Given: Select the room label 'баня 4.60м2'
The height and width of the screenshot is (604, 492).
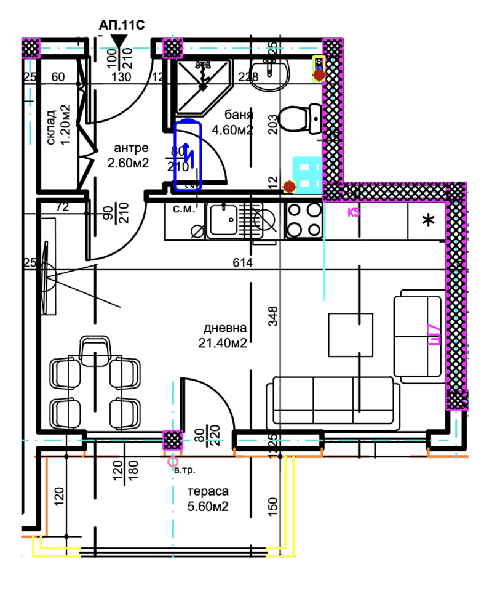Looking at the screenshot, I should point(232,123).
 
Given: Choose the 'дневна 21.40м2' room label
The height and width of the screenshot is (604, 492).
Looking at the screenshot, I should point(226,336).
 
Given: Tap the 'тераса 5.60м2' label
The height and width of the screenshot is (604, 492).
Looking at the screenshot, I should point(208,499).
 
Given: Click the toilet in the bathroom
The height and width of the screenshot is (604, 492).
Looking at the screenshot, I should point(299,118).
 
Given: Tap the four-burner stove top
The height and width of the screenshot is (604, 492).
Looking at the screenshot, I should point(304,219).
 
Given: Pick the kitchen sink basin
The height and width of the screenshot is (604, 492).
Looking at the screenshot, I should point(223,219).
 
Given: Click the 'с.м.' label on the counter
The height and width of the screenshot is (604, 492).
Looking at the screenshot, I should point(183,209).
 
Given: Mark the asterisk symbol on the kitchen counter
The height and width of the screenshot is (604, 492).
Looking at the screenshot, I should point(428,220).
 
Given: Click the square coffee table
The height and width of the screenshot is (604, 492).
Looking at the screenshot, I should point(350,334).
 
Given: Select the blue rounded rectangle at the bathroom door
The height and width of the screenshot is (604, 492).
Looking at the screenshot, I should point(188,156).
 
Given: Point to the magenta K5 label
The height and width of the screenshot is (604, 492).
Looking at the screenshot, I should point(354,213).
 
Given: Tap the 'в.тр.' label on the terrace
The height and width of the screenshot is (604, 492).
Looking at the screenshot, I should point(184,470).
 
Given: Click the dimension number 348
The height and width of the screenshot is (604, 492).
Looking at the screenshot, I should point(274,316).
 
